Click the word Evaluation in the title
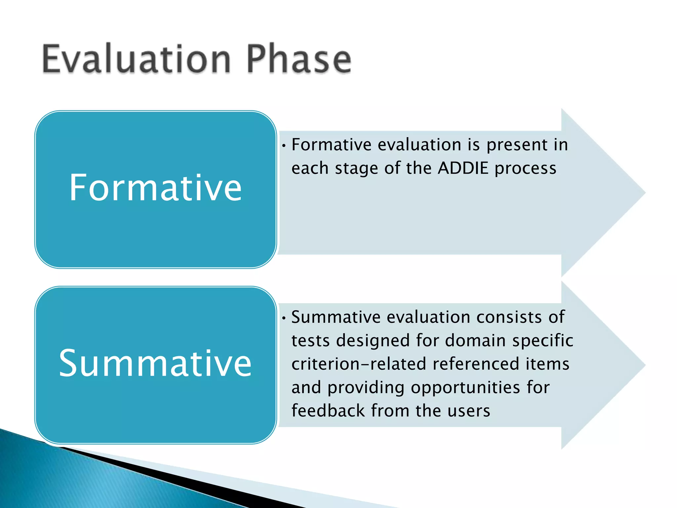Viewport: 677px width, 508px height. (136, 60)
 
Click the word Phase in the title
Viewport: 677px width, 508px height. (299, 60)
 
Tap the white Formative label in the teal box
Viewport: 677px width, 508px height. (155, 188)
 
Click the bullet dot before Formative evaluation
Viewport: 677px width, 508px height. (284, 146)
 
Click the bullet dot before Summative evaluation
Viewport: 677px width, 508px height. (284, 318)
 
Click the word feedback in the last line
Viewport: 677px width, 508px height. (328, 411)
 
